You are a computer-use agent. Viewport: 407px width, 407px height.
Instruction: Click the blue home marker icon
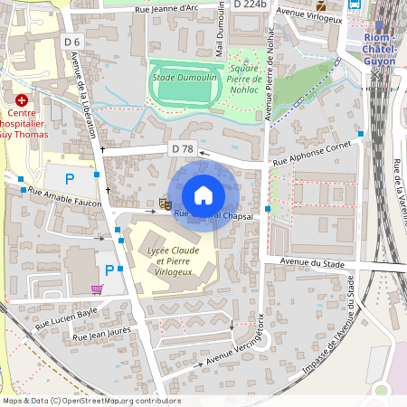(x=203, y=194)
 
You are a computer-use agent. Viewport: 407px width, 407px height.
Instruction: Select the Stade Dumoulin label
(x=185, y=78)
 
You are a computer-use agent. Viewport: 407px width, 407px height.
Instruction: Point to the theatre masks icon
(x=166, y=203)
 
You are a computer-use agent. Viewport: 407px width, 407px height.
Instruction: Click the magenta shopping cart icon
(x=97, y=289)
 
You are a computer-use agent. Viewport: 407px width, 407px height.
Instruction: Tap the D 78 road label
(x=182, y=148)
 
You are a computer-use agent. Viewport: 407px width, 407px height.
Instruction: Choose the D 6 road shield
(x=72, y=43)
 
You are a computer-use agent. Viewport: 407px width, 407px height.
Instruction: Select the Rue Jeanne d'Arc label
(x=166, y=10)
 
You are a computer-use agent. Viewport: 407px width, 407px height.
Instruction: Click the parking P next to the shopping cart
(x=109, y=270)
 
